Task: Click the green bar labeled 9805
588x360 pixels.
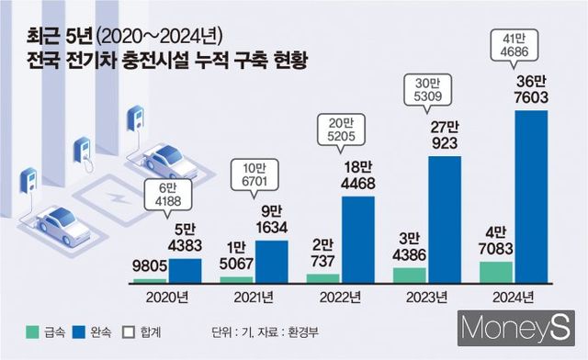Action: pos(152,279)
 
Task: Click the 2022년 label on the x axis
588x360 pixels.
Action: pos(342,298)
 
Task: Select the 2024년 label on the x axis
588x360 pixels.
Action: pos(514,298)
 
